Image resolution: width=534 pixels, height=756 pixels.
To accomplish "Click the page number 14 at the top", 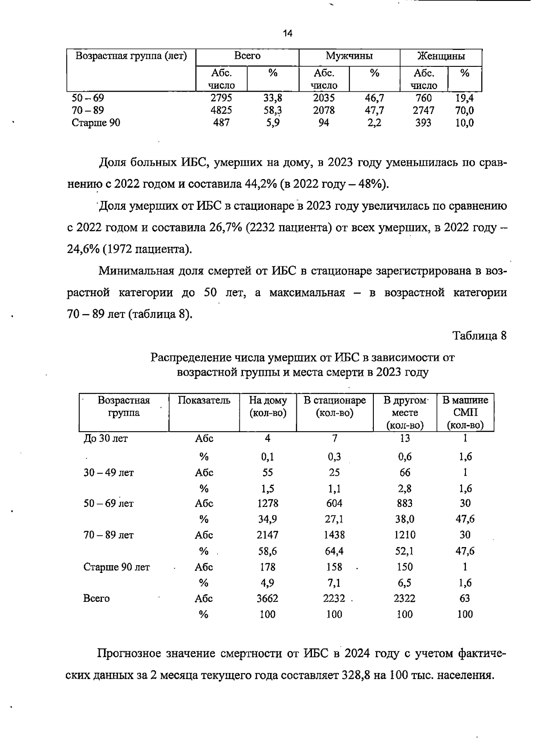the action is coord(287,33).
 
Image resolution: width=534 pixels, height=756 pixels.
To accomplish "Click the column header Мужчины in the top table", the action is coord(349,56).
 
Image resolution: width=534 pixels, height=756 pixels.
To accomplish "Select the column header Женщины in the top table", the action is coord(441,56).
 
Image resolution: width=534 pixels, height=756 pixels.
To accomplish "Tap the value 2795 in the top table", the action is coord(221,98).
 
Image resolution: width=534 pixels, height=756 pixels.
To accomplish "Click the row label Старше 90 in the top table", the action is coord(96,123).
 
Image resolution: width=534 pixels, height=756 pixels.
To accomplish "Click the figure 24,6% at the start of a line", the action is coord(83,249).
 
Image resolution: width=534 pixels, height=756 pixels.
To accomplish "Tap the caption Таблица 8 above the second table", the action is coord(479,335).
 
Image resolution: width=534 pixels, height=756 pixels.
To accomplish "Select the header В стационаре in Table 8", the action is coord(335,406).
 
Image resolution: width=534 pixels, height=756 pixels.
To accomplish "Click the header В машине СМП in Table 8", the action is coord(465,412).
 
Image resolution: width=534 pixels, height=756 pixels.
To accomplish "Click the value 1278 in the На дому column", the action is coord(267,503).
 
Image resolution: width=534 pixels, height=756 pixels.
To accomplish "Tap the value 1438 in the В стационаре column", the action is coord(335,535).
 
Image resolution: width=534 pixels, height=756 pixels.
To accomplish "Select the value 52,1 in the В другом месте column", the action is coord(405,552).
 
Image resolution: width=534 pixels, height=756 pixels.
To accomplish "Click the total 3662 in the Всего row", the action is coord(267,599).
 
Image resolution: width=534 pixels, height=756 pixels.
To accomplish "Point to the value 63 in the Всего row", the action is coord(465,599).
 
